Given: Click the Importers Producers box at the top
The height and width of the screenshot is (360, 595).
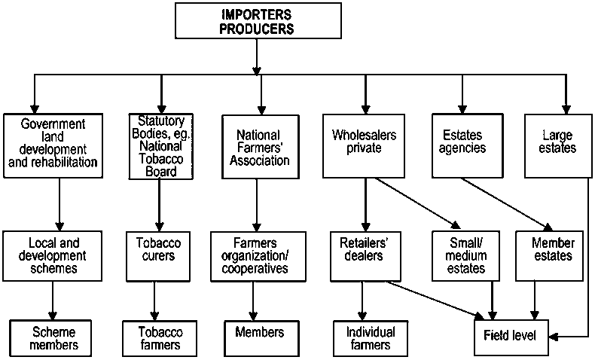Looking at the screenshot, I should pos(258,20).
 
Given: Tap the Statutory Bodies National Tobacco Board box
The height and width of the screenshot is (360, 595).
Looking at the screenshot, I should pos(160,146).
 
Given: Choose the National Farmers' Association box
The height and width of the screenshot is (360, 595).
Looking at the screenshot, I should pos(258,146).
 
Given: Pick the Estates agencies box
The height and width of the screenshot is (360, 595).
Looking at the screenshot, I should pos(461,146).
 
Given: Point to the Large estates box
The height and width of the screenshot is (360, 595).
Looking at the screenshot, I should pos(558,146).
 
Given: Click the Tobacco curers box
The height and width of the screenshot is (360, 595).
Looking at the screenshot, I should pos(154,256).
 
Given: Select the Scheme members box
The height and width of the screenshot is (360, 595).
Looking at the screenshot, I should pos(54,337).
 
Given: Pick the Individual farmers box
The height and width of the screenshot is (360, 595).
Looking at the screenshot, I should pos(368,337).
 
